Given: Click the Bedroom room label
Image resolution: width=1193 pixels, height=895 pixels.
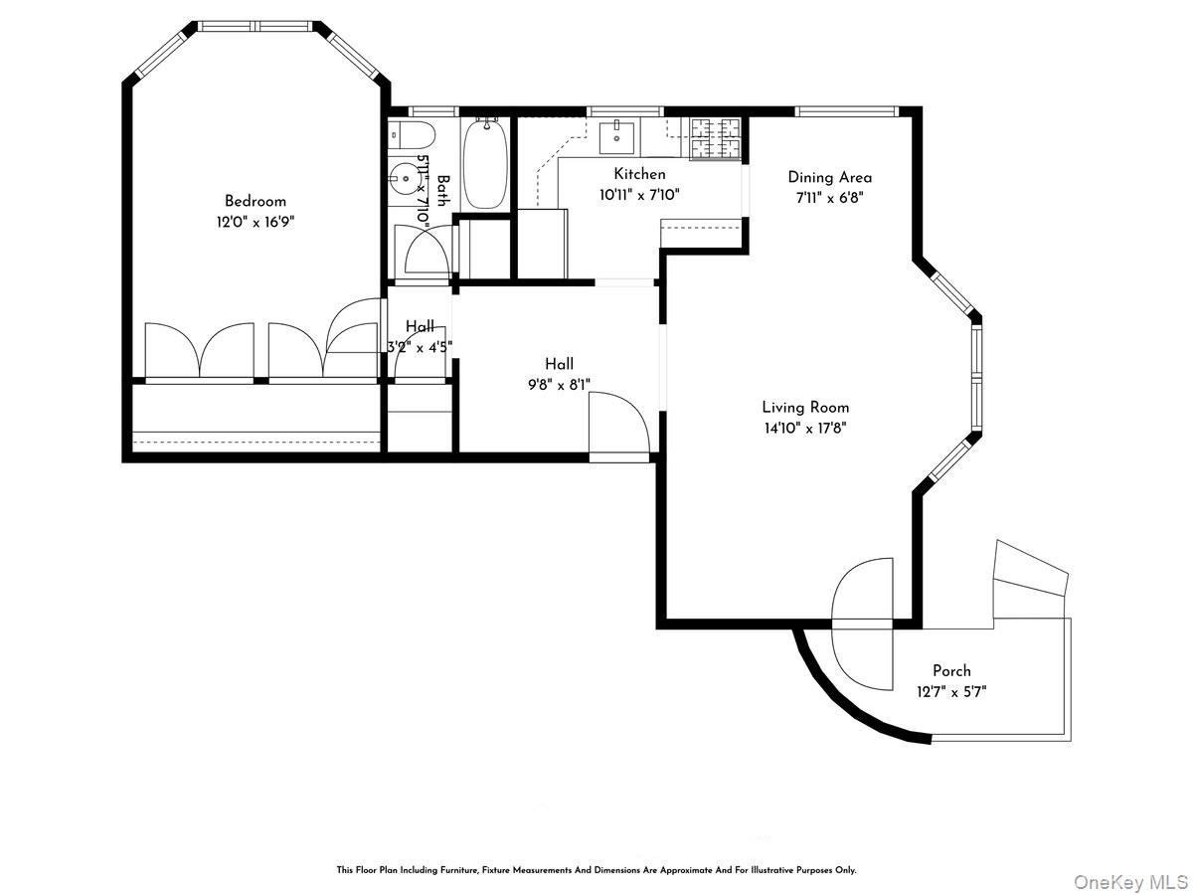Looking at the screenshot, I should [255, 201].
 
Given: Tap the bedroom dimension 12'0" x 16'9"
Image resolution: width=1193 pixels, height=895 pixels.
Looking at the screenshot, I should [255, 222].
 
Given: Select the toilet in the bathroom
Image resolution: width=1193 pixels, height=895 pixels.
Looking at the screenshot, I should [409, 132].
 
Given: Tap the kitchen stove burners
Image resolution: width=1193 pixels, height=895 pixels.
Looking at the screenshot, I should [715, 137].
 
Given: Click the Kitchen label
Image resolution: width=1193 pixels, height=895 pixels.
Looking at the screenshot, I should [639, 174].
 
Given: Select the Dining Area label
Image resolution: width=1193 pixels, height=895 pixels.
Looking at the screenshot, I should [829, 177].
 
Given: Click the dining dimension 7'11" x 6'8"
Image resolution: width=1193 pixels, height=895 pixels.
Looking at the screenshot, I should [829, 197].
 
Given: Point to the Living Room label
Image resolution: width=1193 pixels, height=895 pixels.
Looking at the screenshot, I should [805, 407].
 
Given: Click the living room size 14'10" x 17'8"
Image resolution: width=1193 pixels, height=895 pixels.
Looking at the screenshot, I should [805, 428].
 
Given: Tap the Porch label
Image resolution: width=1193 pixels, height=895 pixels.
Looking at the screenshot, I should [951, 670].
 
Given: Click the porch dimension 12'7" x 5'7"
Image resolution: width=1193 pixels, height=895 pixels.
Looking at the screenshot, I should [951, 691].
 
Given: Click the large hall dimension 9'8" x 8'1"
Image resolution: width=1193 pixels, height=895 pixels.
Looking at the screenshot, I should [559, 385].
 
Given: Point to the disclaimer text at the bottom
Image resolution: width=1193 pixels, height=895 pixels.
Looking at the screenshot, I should [596, 869].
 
